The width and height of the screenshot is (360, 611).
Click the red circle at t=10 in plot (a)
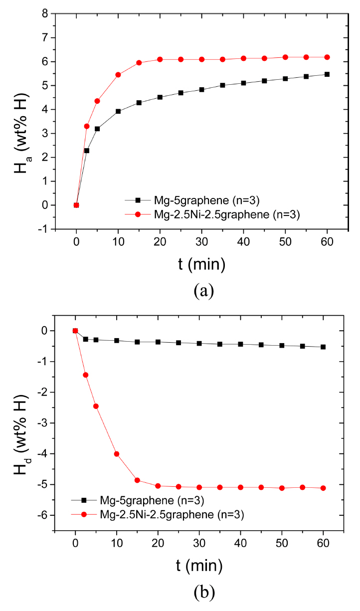tap(118, 75)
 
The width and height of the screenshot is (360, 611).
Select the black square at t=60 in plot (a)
tap(327, 74)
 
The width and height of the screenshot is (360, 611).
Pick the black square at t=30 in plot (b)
tap(199, 343)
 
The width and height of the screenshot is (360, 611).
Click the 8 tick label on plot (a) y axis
tap(58, 14)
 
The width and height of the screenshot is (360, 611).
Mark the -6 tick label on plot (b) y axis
tap(56, 515)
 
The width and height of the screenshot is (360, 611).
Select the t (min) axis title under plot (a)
tap(201, 264)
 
